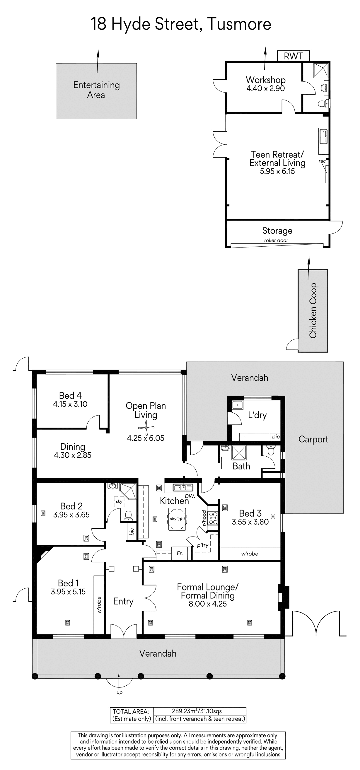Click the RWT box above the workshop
(x=293, y=56)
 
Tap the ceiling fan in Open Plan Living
(x=146, y=428)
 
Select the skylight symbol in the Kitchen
(x=177, y=519)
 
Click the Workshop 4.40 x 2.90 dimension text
(x=265, y=88)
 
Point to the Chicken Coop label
(x=313, y=310)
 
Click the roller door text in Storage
(x=276, y=240)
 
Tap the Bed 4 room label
(x=70, y=395)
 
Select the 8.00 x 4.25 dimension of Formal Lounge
(x=208, y=604)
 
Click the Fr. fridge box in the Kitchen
(x=179, y=553)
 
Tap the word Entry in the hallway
(x=123, y=601)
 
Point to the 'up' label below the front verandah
(x=119, y=692)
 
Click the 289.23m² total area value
(x=183, y=711)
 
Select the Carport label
(x=313, y=439)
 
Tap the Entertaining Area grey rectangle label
(x=96, y=90)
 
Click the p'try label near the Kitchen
(x=203, y=545)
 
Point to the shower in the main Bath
(x=239, y=453)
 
